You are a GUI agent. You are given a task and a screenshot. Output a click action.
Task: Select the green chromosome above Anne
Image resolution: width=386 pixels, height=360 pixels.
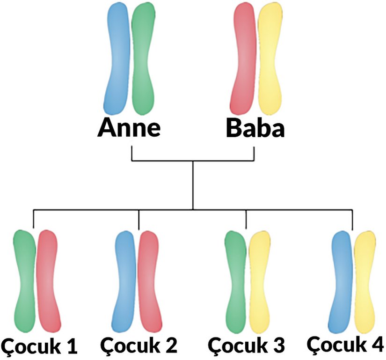[x=142, y=59]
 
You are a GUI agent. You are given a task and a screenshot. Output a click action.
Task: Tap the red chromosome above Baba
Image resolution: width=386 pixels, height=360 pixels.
[x=244, y=59]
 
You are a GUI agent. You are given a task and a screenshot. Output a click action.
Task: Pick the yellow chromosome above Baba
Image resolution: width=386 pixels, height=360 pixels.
[x=269, y=59]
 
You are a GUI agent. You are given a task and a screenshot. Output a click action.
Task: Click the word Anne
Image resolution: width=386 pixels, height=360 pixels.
[x=129, y=128]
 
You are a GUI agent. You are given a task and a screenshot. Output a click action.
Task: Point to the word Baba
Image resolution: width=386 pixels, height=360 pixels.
[x=255, y=128]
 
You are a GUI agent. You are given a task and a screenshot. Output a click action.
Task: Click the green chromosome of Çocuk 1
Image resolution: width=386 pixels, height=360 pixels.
[x=25, y=280]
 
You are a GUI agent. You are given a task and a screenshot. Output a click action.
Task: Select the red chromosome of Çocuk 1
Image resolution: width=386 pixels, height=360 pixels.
[x=48, y=280]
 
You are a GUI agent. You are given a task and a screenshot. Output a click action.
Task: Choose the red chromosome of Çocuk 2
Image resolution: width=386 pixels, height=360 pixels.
[x=150, y=280]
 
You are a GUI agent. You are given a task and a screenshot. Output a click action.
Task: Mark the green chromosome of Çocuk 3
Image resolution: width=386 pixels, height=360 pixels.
[x=236, y=280]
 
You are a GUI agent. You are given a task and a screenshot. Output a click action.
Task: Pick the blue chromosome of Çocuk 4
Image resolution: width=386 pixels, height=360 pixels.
[x=341, y=280]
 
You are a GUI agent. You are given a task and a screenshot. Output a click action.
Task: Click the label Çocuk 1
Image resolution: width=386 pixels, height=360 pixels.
[x=40, y=346]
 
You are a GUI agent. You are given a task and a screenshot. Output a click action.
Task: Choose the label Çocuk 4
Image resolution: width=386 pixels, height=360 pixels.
[x=346, y=344]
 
